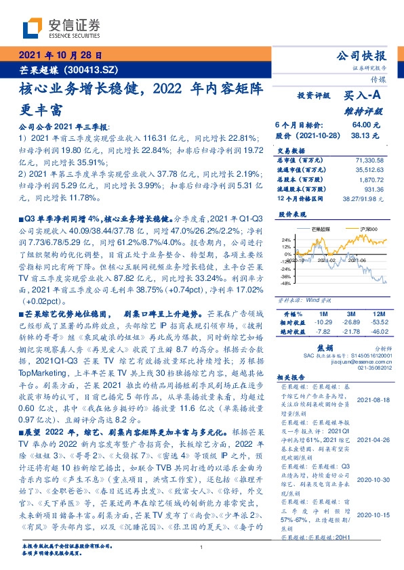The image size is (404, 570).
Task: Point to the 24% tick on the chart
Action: (x=286, y=239)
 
